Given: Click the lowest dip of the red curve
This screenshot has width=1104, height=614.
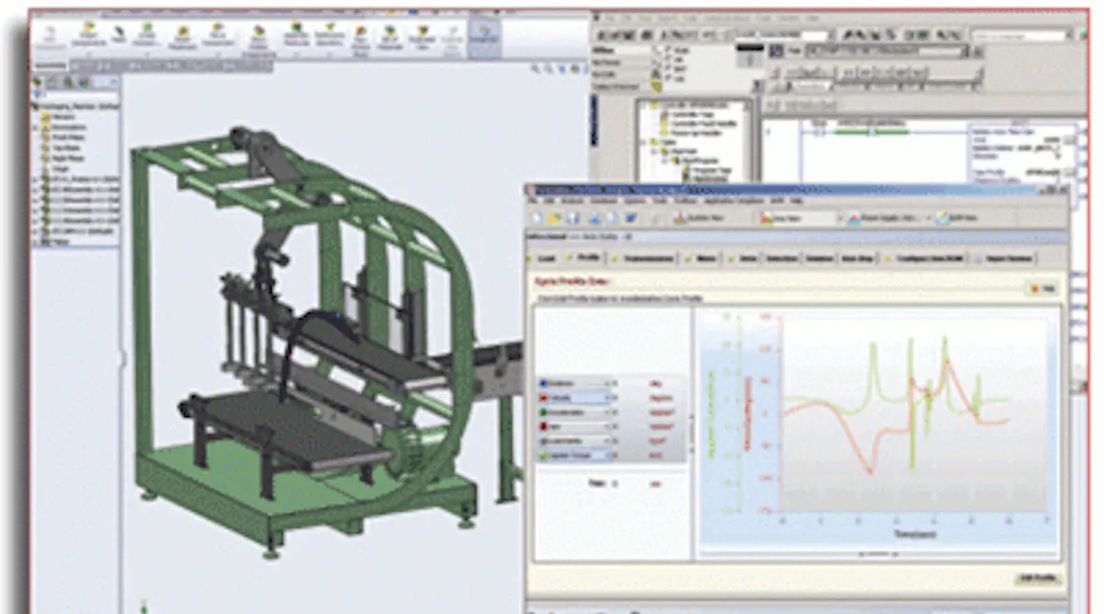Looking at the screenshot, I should pyautogui.click(x=868, y=470).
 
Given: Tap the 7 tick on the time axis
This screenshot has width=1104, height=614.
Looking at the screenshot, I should pyautogui.click(x=1045, y=520).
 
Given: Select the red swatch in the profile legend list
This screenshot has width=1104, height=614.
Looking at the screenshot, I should pyautogui.click(x=544, y=398).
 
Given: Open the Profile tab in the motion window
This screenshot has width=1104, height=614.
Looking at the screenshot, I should pyautogui.click(x=587, y=259).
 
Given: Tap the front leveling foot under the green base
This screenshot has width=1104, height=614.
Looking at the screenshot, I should pyautogui.click(x=270, y=552).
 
